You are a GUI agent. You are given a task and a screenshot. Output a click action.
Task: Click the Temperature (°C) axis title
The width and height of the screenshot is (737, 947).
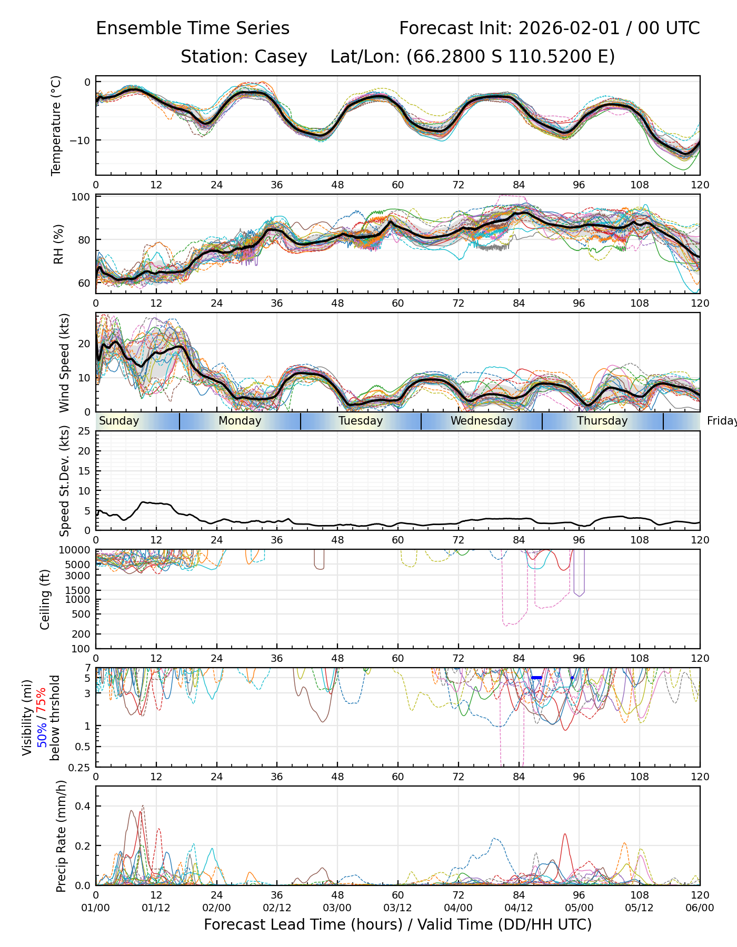click(x=56, y=125)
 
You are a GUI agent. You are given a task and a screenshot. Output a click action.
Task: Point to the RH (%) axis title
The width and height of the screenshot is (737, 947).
click(x=58, y=244)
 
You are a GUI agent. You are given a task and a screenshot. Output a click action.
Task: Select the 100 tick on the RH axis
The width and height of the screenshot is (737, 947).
click(x=81, y=197)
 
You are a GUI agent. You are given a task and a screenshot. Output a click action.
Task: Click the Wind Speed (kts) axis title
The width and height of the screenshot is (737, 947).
click(x=64, y=362)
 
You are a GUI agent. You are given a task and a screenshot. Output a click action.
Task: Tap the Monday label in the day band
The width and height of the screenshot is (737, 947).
click(x=240, y=421)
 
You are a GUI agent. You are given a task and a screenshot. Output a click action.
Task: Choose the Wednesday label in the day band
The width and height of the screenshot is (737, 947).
click(x=482, y=421)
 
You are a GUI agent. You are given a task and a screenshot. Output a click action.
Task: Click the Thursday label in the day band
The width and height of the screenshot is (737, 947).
click(x=602, y=421)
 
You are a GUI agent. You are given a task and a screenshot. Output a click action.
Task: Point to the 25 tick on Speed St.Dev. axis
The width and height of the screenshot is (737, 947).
click(x=84, y=431)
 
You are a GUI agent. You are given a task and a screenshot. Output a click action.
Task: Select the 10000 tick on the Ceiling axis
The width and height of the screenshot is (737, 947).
click(x=75, y=550)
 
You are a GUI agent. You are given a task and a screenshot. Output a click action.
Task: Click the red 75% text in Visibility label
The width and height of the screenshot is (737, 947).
click(x=42, y=702)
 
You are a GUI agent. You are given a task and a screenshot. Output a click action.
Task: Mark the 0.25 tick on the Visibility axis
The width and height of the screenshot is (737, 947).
click(x=80, y=767)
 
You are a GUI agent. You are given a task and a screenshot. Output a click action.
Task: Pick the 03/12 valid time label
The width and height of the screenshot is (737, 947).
click(x=397, y=908)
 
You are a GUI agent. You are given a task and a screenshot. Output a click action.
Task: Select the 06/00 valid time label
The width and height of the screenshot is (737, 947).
click(x=700, y=908)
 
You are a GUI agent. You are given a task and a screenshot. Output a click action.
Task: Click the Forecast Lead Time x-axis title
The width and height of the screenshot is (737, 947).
click(x=397, y=925)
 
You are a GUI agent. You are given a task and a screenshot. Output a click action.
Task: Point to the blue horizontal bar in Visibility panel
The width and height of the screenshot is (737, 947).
click(x=536, y=678)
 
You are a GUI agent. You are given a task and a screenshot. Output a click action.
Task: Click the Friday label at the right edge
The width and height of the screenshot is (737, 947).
click(x=721, y=421)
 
